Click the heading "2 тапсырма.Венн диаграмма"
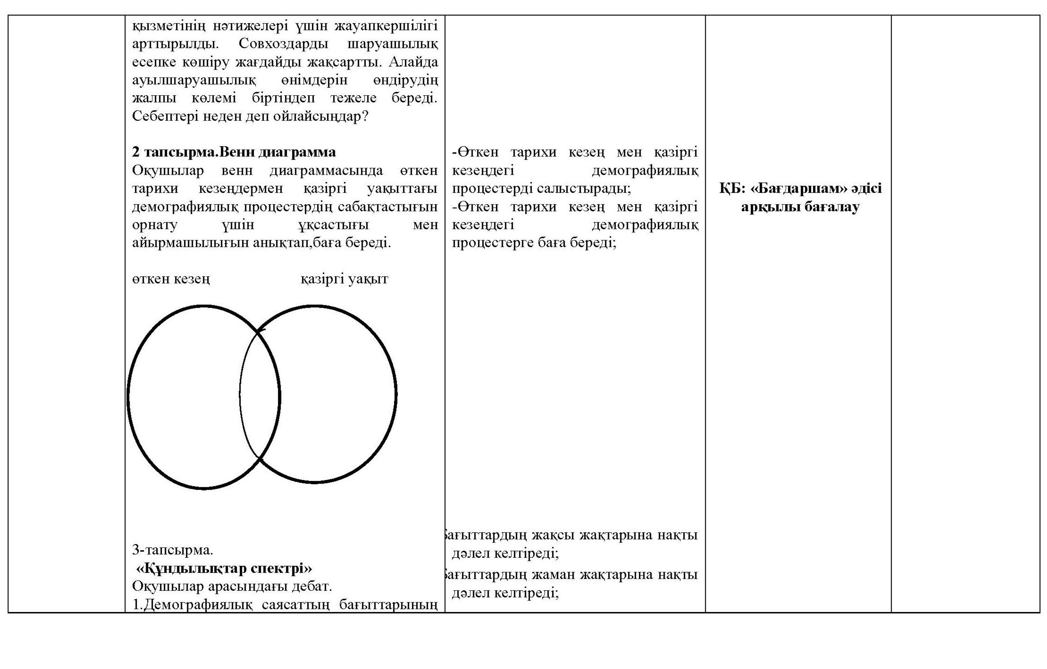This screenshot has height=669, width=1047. point(234,152)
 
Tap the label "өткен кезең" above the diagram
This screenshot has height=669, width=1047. point(171,279)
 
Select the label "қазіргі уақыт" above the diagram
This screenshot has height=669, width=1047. point(344,279)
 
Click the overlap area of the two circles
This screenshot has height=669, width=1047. point(260,395)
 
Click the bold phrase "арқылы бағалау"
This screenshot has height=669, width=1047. point(800,207)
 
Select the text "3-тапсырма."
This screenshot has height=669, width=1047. point(173,550)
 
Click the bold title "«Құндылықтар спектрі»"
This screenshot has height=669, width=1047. point(224,569)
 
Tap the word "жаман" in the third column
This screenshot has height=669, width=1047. point(553,575)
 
